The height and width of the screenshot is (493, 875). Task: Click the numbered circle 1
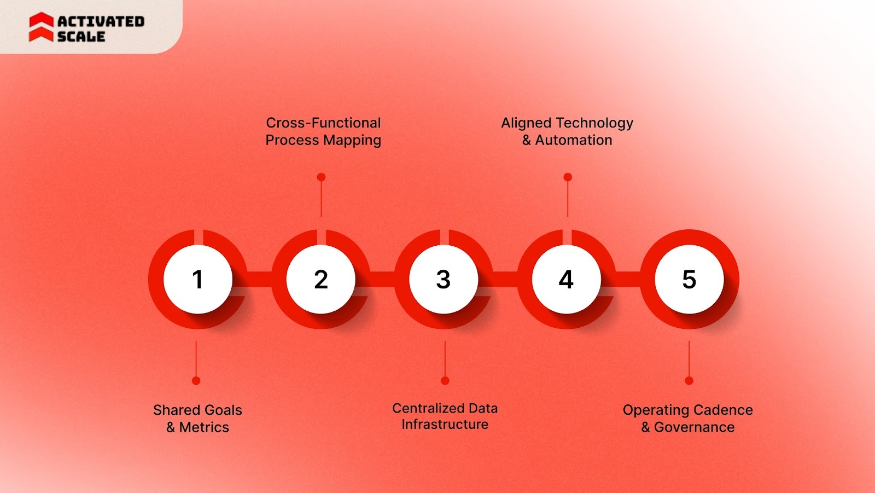click(197, 279)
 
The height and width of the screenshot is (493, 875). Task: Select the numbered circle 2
click(320, 279)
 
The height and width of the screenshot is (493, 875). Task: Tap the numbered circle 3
click(444, 279)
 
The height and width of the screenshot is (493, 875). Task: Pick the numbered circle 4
click(566, 279)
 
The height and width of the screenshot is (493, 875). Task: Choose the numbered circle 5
click(689, 279)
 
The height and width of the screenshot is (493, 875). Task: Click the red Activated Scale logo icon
click(41, 27)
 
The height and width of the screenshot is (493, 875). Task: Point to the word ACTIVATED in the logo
click(101, 21)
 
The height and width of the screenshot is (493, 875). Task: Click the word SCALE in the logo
click(81, 36)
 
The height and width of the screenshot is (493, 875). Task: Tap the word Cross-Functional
click(323, 123)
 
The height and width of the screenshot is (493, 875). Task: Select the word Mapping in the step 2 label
click(352, 141)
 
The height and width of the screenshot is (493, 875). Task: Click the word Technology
click(594, 123)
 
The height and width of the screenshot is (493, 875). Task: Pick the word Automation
click(574, 140)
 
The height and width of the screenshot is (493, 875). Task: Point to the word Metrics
click(204, 427)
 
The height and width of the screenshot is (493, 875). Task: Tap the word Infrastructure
click(445, 425)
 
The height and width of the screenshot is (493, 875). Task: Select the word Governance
click(695, 427)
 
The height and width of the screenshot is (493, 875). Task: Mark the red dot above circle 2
click(321, 177)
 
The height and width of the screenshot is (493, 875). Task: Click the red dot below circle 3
click(445, 380)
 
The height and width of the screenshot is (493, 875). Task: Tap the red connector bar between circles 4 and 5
click(628, 279)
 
